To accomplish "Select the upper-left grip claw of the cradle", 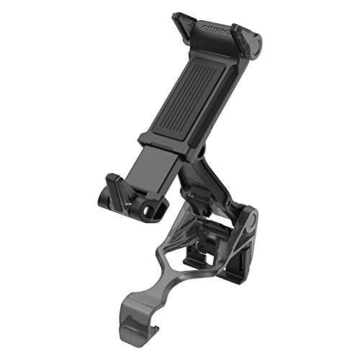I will point(183,22).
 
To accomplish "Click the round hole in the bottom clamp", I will point(150,211).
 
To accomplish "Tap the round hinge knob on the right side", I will point(249,220).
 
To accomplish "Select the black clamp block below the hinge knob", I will point(238,260).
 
